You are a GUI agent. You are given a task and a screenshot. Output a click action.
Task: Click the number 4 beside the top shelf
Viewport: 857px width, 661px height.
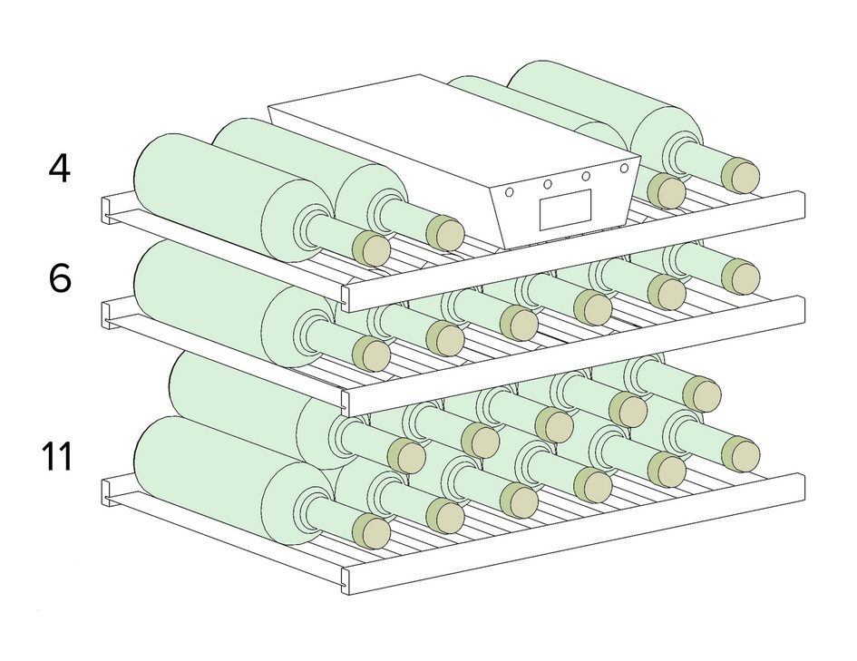click(x=59, y=168)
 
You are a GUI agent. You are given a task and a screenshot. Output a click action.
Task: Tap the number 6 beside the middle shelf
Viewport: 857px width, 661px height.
click(x=59, y=277)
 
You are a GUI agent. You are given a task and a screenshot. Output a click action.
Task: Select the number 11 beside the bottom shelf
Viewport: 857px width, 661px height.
click(x=57, y=456)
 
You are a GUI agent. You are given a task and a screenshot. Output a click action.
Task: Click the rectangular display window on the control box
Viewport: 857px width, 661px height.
click(x=565, y=209)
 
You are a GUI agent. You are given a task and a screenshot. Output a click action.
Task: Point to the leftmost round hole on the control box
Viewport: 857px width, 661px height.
click(x=511, y=192)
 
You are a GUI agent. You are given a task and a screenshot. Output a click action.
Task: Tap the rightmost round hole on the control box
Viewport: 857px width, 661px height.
click(x=624, y=168)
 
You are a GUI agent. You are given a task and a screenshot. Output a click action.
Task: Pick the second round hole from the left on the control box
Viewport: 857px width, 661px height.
click(x=548, y=184)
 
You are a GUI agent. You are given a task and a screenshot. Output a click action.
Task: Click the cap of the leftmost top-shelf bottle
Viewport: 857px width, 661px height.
click(x=370, y=248)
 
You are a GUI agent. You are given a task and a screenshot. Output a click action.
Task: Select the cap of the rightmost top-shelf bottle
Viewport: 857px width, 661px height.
click(x=741, y=176)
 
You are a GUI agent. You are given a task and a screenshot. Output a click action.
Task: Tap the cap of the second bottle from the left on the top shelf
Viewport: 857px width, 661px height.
click(x=444, y=233)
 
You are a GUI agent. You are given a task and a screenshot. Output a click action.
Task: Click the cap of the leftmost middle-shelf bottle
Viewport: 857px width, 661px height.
click(x=370, y=354)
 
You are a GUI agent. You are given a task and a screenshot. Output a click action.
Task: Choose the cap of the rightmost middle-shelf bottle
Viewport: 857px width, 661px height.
click(x=741, y=277)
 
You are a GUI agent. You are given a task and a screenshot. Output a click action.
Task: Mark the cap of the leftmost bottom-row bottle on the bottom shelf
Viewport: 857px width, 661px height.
click(x=370, y=531)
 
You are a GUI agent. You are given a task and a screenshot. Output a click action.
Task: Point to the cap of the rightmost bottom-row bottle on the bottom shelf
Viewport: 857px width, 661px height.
click(x=741, y=453)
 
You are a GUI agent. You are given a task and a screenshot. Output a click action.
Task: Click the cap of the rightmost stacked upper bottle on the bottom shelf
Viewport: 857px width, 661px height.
click(x=702, y=394)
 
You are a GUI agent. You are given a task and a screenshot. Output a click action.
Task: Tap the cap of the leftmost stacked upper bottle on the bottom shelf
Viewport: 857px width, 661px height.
click(x=406, y=456)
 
